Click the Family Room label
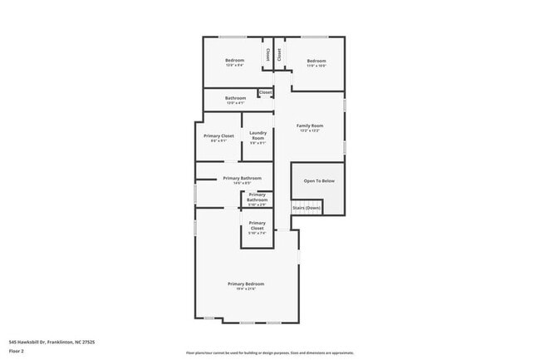tap(309, 126)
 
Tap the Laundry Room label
tap(258, 136)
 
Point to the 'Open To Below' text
tap(318, 180)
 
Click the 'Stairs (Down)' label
tap(307, 208)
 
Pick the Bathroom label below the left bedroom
tap(235, 98)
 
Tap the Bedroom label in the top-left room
tap(234, 60)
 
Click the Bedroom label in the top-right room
tap(316, 60)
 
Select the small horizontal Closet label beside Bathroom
tap(265, 92)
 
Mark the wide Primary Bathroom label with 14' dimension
tap(242, 178)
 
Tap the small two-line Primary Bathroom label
tap(258, 198)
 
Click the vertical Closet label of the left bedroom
tap(268, 54)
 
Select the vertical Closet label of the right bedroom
tap(279, 54)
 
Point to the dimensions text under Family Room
tap(309, 131)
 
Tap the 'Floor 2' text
tap(17, 352)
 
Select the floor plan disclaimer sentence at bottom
tap(270, 353)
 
